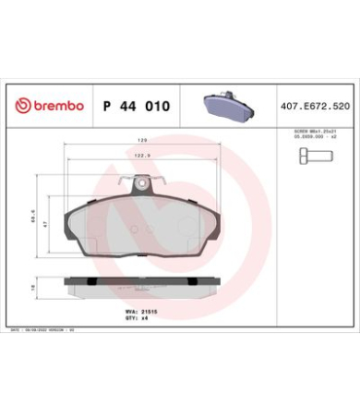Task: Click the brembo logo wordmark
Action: coord(54,106)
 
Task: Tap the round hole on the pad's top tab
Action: coord(144,184)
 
